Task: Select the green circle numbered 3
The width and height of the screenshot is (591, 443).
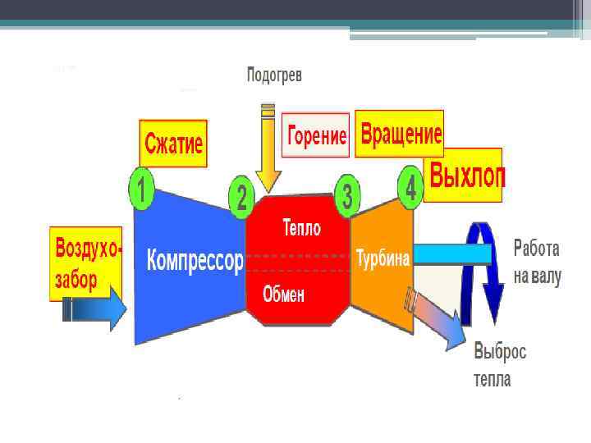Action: (348, 194)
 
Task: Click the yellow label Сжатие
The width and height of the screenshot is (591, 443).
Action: (172, 144)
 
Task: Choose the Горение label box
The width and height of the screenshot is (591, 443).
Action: (316, 135)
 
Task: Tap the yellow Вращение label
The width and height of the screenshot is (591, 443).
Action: (400, 133)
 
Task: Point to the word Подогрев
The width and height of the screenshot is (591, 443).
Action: (275, 76)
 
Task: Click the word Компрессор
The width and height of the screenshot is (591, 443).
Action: (195, 262)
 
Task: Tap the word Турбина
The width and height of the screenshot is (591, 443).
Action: (383, 258)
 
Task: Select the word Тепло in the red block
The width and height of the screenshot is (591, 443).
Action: (301, 226)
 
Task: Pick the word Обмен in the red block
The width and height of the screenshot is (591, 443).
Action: (283, 295)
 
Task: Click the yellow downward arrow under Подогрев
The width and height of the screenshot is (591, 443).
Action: (268, 148)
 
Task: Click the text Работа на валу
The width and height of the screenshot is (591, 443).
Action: (538, 263)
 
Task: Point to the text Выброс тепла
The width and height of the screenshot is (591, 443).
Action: (500, 365)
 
